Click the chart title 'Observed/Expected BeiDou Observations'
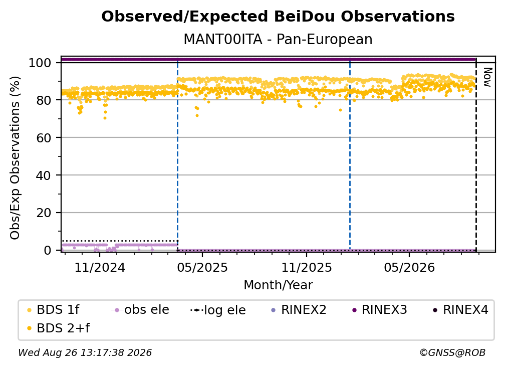[x=278, y=17]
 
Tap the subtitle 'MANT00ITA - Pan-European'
[x=278, y=39]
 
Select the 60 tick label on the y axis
[x=44, y=138]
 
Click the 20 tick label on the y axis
[x=44, y=213]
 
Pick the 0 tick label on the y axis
[x=48, y=250]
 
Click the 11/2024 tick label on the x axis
[x=100, y=267]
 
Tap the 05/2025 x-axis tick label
[x=202, y=267]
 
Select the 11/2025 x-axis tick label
[x=307, y=267]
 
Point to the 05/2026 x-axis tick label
[x=409, y=267]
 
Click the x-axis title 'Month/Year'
[x=278, y=285]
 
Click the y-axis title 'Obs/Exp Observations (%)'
[x=15, y=157]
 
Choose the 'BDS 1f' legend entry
[x=53, y=310]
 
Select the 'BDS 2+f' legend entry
[x=58, y=328]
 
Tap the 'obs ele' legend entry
[x=140, y=310]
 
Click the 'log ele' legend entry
[x=218, y=310]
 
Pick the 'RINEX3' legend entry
[x=380, y=310]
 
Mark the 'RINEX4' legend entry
[x=461, y=310]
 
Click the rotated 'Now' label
[x=487, y=77]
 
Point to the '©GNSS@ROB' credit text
[x=452, y=353]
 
